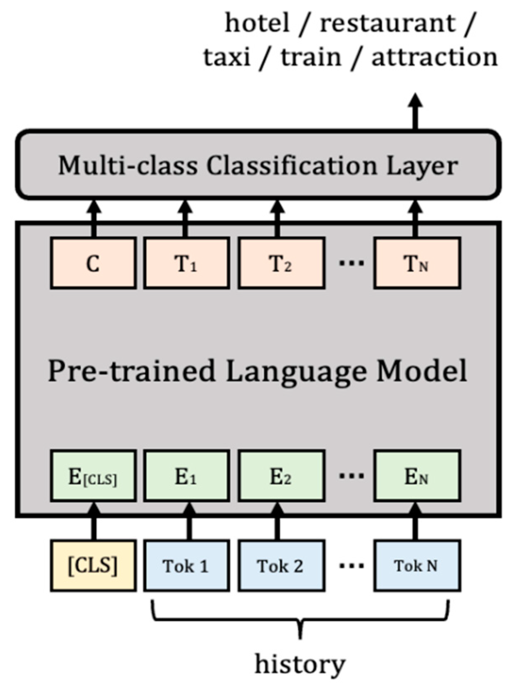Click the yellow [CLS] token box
93,565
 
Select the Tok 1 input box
186,565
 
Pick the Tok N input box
416,565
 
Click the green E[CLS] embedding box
93,476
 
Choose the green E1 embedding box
186,476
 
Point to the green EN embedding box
416,476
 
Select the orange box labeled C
93,263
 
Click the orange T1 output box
186,263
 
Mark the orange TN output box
416,263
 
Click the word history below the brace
300,664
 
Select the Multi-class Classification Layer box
258,165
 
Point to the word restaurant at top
388,23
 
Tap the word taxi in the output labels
227,57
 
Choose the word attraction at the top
434,57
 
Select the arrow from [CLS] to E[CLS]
94,521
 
